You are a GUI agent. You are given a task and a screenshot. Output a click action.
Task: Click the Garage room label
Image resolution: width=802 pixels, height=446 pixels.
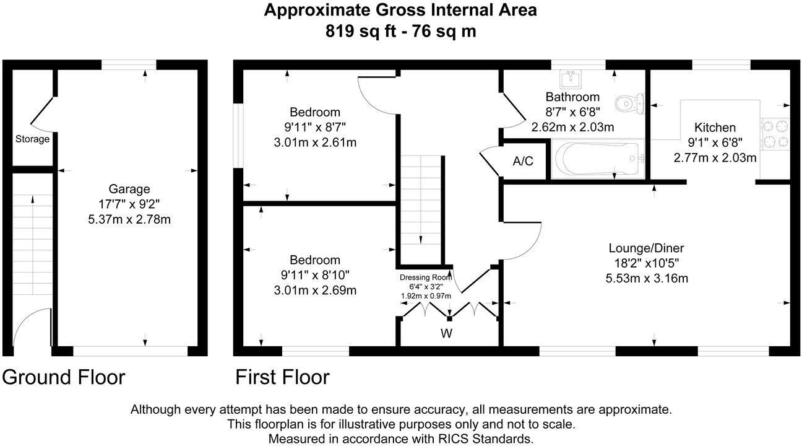click(129, 189)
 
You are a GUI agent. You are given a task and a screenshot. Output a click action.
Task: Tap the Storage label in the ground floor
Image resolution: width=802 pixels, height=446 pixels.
click(32, 139)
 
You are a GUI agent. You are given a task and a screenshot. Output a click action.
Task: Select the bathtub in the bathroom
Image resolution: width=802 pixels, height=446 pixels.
click(597, 160)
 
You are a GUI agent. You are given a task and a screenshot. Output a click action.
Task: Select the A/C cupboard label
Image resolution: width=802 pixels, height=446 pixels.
click(523, 161)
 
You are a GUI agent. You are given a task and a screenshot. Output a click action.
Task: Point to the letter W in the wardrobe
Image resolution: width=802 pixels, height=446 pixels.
click(446, 334)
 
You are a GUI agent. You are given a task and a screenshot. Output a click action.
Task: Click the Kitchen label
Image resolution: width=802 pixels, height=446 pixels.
click(715, 128)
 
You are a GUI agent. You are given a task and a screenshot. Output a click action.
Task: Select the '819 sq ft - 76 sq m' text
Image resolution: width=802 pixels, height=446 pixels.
click(400, 31)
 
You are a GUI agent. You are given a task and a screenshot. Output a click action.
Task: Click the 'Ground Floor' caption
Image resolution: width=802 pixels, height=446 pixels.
click(64, 377)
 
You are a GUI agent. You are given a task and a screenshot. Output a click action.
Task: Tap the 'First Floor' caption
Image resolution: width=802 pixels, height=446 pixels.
click(282, 377)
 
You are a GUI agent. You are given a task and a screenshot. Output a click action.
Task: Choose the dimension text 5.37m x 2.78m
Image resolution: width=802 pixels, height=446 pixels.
click(129, 219)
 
